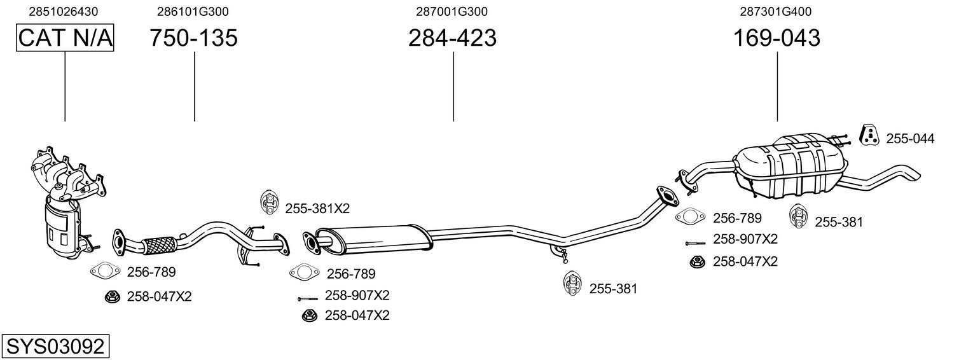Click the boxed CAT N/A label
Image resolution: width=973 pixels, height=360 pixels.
pyautogui.click(x=65, y=38)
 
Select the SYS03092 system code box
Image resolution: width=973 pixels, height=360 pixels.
pyautogui.click(x=55, y=347)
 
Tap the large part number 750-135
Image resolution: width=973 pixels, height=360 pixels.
pyautogui.click(x=193, y=38)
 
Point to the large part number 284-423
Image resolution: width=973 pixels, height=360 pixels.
pyautogui.click(x=452, y=38)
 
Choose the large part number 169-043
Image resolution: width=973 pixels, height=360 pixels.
pyautogui.click(x=776, y=38)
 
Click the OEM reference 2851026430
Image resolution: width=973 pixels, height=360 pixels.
pyautogui.click(x=64, y=11)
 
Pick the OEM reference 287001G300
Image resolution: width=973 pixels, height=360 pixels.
pyautogui.click(x=452, y=11)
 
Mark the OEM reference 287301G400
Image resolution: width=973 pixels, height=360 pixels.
pyautogui.click(x=775, y=11)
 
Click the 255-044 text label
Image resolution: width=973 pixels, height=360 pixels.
pyautogui.click(x=910, y=138)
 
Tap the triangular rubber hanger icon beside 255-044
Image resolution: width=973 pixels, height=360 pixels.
pyautogui.click(x=869, y=135)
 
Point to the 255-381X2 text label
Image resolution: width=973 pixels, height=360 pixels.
pyautogui.click(x=317, y=208)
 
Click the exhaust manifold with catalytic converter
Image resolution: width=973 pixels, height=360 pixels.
pyautogui.click(x=64, y=204)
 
